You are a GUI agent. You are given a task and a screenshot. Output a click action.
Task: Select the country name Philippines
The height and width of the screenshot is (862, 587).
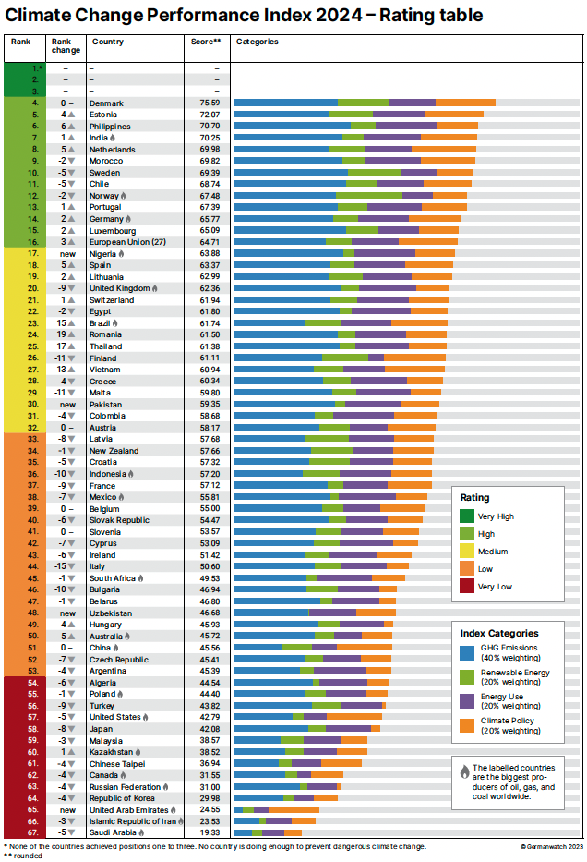[112, 126]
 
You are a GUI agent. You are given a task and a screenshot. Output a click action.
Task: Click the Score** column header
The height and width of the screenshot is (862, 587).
[206, 42]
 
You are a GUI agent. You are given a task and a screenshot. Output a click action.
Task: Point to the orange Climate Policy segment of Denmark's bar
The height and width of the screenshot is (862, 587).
[465, 103]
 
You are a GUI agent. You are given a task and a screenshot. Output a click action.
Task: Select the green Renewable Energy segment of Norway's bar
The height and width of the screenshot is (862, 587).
[369, 196]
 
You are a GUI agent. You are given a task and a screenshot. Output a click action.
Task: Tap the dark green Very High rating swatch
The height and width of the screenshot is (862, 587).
[469, 517]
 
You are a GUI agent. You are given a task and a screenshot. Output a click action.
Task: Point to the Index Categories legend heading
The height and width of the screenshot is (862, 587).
[499, 634]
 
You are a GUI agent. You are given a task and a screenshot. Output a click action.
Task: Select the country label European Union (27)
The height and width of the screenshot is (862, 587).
[126, 242]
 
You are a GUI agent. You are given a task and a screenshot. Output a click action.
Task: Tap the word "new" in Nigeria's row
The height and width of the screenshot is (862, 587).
[67, 253]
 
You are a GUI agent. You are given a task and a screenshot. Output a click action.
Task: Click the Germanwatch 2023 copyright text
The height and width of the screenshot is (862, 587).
[551, 845]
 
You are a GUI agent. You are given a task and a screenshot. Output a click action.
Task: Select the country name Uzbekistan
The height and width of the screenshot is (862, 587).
[112, 613]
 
